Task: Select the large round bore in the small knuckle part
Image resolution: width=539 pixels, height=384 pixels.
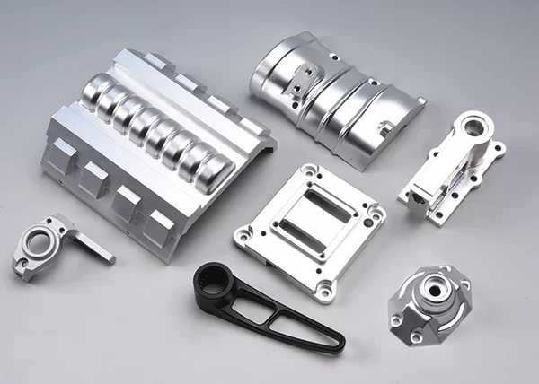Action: coord(38,240)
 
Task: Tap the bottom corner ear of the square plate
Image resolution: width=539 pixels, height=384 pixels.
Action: coord(324,288)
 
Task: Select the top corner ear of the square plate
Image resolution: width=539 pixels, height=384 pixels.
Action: coord(308,169)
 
